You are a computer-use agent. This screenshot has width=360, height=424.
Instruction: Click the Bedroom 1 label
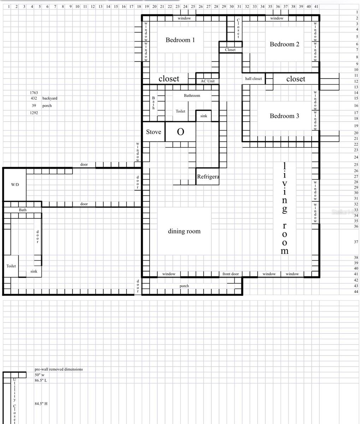[180, 40]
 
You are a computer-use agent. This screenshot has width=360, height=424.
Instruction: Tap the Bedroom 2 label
[284, 44]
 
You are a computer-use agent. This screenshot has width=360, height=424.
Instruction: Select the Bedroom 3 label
[284, 116]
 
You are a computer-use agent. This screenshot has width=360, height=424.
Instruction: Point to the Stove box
[154, 132]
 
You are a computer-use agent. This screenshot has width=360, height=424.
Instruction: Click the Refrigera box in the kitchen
[208, 176]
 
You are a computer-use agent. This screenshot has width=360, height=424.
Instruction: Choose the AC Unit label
[208, 81]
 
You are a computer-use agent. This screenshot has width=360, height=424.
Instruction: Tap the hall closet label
[254, 79]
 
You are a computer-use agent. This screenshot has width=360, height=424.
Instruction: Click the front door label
[231, 274]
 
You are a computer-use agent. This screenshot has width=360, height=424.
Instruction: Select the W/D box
[15, 185]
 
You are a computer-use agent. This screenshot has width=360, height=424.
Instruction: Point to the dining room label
[184, 231]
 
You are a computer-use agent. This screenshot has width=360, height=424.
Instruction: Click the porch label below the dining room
[184, 286]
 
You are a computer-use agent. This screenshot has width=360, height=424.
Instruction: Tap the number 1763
[34, 93]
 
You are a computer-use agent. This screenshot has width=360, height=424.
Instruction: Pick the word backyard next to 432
[50, 98]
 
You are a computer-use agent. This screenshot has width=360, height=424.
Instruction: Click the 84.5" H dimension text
[41, 404]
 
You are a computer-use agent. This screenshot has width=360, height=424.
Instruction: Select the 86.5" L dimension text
[41, 381]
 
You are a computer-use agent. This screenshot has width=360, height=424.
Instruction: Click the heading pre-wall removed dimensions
[59, 369]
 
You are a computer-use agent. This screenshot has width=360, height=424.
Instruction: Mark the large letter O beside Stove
[180, 132]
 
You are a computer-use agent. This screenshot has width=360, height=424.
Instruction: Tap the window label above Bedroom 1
[184, 18]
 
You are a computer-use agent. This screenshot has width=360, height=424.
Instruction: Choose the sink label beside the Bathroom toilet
[204, 116]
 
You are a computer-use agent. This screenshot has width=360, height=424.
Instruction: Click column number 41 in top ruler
[316, 6]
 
